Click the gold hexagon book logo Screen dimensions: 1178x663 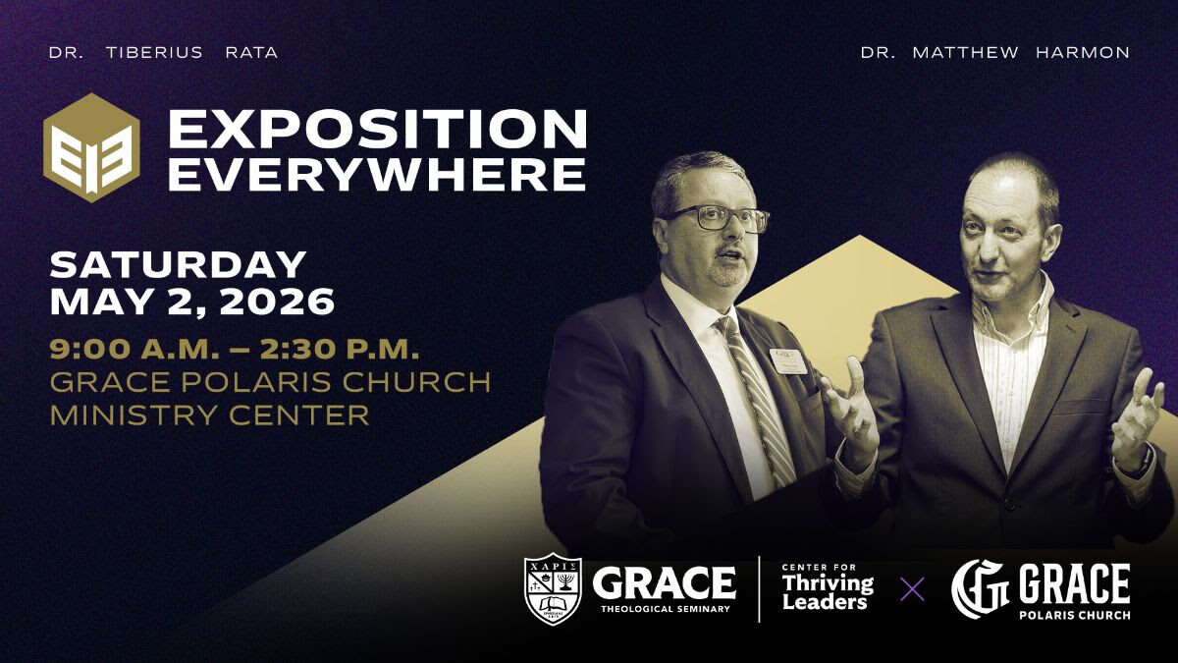click(91, 148)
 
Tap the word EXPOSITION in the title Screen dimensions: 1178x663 click(378, 130)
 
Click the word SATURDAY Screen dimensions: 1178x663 click(178, 264)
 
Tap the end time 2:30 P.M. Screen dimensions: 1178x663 click(346, 350)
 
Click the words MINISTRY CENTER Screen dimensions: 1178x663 click(209, 414)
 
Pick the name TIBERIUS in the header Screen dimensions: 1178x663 click(154, 53)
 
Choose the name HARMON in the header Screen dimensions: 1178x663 click(1083, 53)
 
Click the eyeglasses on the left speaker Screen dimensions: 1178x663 click(718, 217)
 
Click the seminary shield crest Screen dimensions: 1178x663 click(553, 588)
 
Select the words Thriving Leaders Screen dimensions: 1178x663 click(828, 592)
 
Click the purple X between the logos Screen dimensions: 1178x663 click(912, 589)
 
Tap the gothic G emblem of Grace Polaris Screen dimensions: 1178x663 click(980, 588)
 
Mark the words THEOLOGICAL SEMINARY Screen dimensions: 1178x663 click(666, 609)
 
